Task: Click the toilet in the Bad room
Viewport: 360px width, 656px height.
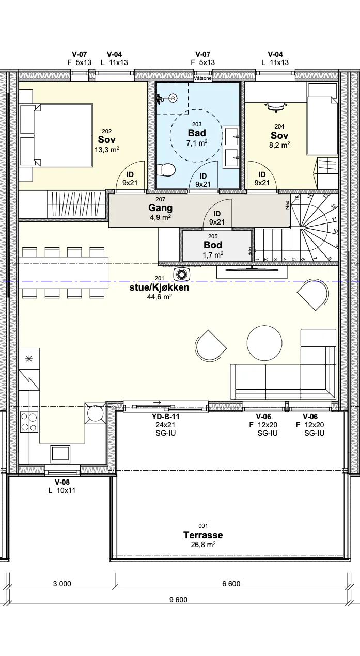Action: pos(166,170)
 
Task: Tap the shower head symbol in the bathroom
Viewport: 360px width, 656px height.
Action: pos(174,98)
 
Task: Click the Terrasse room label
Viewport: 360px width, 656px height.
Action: pos(203,535)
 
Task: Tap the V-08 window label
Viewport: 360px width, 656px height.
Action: pos(62,482)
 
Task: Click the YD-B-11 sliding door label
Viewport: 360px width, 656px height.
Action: pos(166,417)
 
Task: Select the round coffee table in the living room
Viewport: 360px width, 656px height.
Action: pos(264,343)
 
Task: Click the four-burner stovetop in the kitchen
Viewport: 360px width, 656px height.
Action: pos(29,422)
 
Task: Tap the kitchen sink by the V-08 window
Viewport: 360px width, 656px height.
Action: pos(60,454)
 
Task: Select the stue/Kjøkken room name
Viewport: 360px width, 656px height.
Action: pos(160,287)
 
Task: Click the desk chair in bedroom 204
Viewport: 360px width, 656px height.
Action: pos(276,107)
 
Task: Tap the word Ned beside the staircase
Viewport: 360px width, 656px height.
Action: pos(287,205)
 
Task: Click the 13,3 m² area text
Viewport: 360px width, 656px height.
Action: pos(107,150)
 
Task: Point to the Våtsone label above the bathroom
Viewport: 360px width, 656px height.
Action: pos(202,78)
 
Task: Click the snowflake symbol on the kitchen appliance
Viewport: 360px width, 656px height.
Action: pos(29,359)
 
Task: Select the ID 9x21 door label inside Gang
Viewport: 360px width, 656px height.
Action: pos(216,218)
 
